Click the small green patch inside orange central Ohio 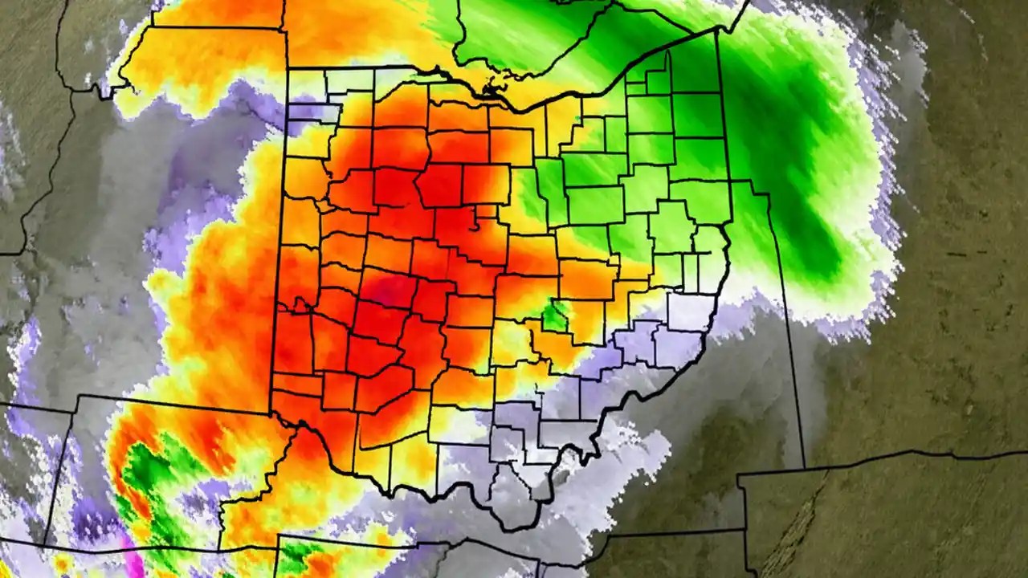(554, 315)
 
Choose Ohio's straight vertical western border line (281, 241)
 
